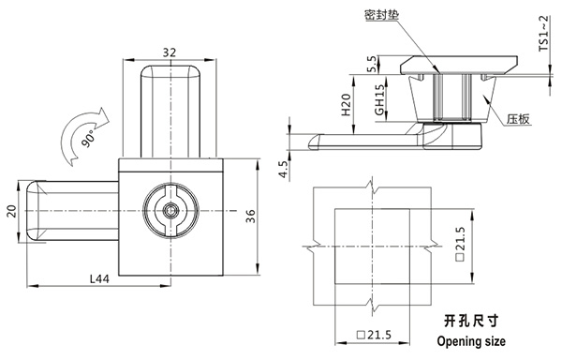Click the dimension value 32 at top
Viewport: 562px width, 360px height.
coord(170,53)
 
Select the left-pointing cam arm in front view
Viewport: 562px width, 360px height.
coord(70,212)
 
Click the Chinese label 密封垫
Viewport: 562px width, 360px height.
coord(378,16)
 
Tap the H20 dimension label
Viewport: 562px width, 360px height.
coord(346,105)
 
